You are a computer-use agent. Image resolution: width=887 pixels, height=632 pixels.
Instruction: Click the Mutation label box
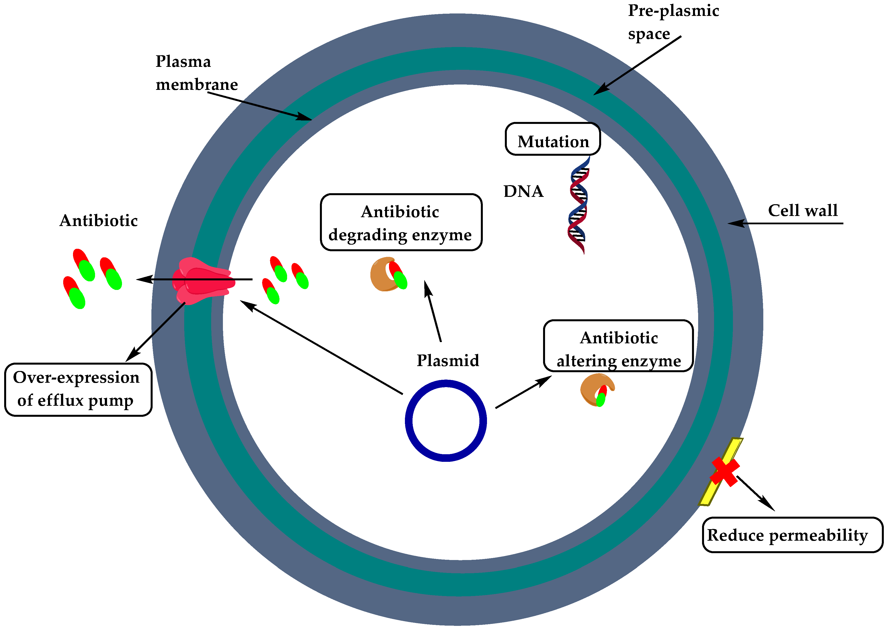(x=552, y=139)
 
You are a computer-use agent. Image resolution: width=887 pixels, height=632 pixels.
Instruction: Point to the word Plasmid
(x=448, y=360)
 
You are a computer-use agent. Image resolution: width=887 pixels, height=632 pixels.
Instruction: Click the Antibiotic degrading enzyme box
(x=401, y=223)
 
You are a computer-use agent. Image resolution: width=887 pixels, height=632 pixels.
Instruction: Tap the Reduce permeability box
(x=792, y=535)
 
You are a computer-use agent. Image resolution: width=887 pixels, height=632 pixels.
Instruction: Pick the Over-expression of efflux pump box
(x=78, y=389)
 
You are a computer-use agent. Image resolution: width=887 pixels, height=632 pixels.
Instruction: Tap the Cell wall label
(x=802, y=211)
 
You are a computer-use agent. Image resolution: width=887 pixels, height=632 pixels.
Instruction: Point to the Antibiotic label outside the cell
(x=98, y=221)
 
